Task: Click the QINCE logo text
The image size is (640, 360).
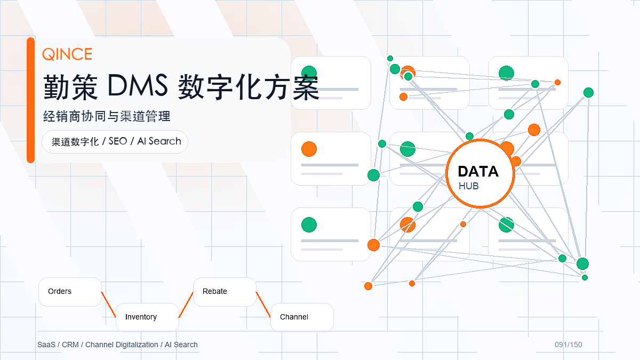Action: pyautogui.click(x=67, y=54)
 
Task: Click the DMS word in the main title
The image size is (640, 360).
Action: pyautogui.click(x=138, y=85)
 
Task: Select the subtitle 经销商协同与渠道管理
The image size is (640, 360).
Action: pyautogui.click(x=107, y=116)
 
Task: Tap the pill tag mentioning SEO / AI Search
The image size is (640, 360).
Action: pyautogui.click(x=115, y=142)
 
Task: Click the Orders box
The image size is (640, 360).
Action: pyautogui.click(x=70, y=292)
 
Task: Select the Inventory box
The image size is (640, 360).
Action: pyautogui.click(x=147, y=317)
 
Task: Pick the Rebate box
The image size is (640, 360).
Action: pyautogui.click(x=225, y=292)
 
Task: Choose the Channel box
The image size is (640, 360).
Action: pyautogui.click(x=302, y=317)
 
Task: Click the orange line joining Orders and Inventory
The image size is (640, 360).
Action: pyautogui.click(x=109, y=305)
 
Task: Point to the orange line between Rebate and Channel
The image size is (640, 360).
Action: pyautogui.click(x=263, y=305)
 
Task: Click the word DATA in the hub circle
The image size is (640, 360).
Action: pyautogui.click(x=478, y=171)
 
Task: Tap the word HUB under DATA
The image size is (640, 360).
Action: pyautogui.click(x=469, y=186)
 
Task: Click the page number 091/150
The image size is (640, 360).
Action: pyautogui.click(x=569, y=345)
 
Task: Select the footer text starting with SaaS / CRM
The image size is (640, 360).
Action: pyautogui.click(x=117, y=345)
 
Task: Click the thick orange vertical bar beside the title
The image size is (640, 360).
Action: pyautogui.click(x=30, y=100)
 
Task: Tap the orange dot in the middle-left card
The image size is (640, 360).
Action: pyautogui.click(x=309, y=149)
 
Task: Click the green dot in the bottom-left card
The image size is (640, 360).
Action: pyautogui.click(x=309, y=225)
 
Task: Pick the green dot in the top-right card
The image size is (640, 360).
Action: pyautogui.click(x=506, y=73)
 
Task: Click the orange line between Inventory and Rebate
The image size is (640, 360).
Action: pyautogui.click(x=186, y=305)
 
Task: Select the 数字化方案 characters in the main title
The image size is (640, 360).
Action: pyautogui.click(x=249, y=87)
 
